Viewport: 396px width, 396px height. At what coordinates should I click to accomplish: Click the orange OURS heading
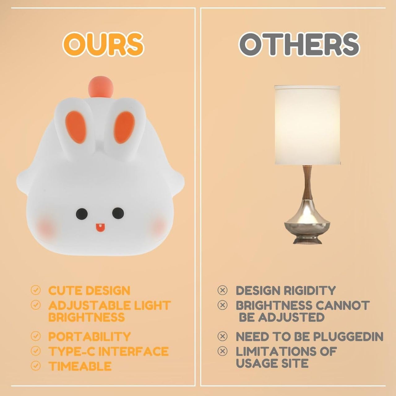(x=103, y=44)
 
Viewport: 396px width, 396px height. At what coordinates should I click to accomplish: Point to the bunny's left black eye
(x=82, y=214)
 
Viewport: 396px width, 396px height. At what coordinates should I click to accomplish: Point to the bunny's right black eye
(x=118, y=213)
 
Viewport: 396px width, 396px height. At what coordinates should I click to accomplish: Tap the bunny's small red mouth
(x=99, y=228)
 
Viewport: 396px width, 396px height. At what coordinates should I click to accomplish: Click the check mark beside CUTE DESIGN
(x=36, y=290)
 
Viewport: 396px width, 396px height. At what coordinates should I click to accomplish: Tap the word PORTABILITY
(x=89, y=336)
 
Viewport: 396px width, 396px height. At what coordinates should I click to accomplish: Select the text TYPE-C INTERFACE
(x=108, y=351)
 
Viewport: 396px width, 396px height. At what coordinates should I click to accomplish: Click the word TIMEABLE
(x=80, y=366)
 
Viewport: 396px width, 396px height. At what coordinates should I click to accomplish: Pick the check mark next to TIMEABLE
(x=36, y=366)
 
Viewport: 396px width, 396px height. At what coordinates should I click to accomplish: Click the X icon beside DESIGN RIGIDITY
(x=222, y=290)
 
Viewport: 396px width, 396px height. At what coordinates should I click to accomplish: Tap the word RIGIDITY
(x=310, y=291)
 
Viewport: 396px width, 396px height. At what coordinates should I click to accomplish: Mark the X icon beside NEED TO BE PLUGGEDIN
(x=222, y=336)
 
